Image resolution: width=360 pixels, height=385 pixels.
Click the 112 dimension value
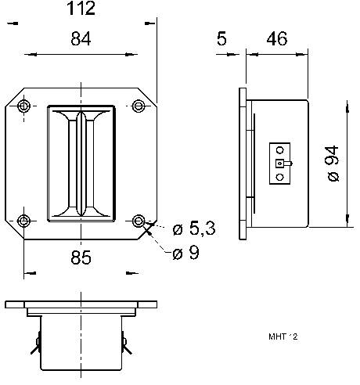click(x=81, y=9)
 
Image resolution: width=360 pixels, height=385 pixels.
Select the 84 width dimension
click(x=81, y=38)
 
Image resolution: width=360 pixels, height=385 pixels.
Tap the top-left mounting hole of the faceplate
click(x=25, y=106)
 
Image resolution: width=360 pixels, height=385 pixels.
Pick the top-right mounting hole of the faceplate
click(x=139, y=106)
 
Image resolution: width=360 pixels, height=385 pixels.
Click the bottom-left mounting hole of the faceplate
click(x=25, y=220)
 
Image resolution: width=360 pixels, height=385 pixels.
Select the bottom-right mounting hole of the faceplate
click(x=139, y=220)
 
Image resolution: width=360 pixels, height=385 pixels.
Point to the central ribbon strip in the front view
click(x=81, y=162)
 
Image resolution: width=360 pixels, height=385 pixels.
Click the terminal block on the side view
click(x=279, y=164)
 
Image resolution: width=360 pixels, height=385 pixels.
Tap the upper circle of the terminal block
click(x=279, y=151)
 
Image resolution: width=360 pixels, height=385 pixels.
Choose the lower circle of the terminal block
click(x=279, y=177)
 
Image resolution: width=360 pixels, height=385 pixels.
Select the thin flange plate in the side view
click(x=242, y=164)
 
